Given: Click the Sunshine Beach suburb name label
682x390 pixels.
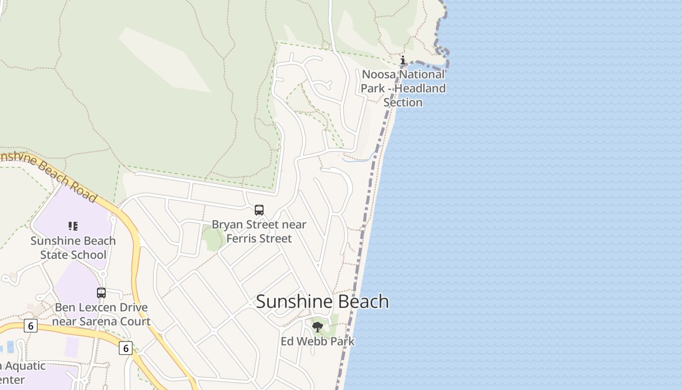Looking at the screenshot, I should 322,301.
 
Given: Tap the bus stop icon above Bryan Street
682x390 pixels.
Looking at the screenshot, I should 259,210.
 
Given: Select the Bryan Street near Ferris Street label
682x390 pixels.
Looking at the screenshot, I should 259,232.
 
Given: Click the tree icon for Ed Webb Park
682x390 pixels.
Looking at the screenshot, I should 318,327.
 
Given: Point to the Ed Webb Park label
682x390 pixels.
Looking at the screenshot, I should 318,341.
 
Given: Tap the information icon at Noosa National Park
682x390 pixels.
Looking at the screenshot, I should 403,61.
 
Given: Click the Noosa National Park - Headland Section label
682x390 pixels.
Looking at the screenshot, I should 403,88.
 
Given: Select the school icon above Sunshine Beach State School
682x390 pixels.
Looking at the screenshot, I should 73,226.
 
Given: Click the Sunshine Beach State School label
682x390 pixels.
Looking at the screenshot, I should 73,248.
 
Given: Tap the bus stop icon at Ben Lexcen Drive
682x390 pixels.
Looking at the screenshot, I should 101,293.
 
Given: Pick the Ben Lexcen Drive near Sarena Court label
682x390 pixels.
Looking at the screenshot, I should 101,314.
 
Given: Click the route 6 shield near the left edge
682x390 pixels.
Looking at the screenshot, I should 30,326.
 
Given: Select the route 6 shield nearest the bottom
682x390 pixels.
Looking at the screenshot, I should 126,348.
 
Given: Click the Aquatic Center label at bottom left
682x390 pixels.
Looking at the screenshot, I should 19,373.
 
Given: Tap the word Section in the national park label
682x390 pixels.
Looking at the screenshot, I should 403,102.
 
